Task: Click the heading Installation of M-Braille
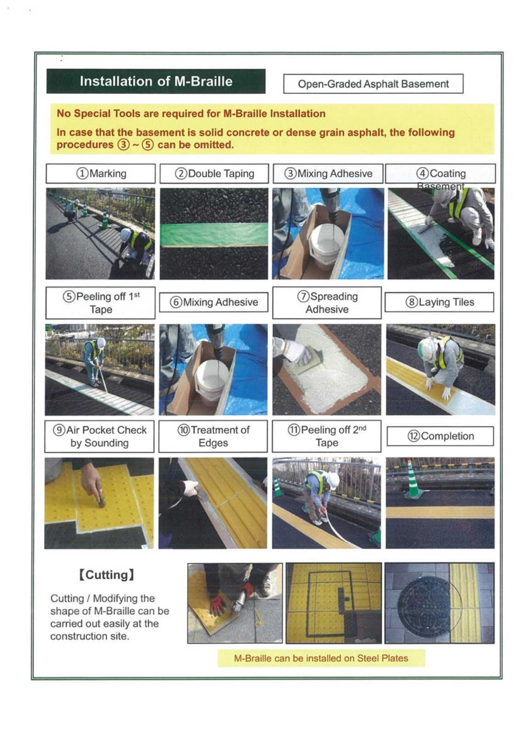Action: click(x=156, y=81)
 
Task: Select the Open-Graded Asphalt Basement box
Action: click(x=373, y=84)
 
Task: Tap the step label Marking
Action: click(x=101, y=174)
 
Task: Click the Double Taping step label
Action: click(x=214, y=174)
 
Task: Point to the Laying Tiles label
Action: click(x=439, y=302)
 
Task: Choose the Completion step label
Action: click(x=440, y=436)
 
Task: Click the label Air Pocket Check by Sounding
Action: click(x=100, y=436)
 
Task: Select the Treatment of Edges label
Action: click(x=213, y=436)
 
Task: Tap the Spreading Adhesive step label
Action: click(x=327, y=303)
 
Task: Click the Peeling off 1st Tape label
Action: click(x=101, y=303)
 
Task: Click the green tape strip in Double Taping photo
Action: click(x=214, y=234)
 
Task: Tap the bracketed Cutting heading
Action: click(x=106, y=575)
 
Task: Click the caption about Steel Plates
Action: click(x=321, y=658)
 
